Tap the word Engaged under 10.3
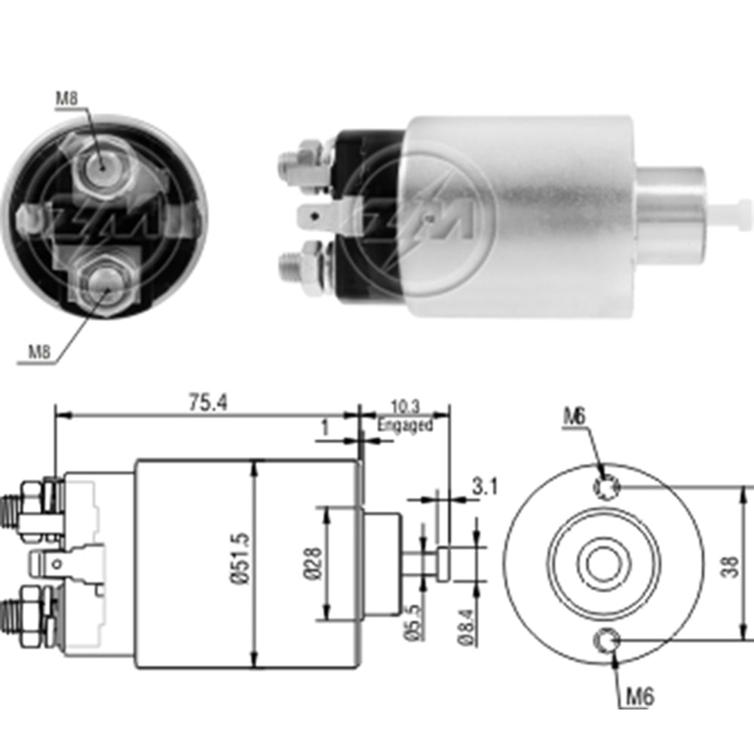coord(406,425)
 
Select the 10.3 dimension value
coord(406,406)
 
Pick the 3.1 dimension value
coord(483,487)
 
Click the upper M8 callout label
coord(66,99)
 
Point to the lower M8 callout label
coord(40,351)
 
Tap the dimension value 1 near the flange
coord(325,428)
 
